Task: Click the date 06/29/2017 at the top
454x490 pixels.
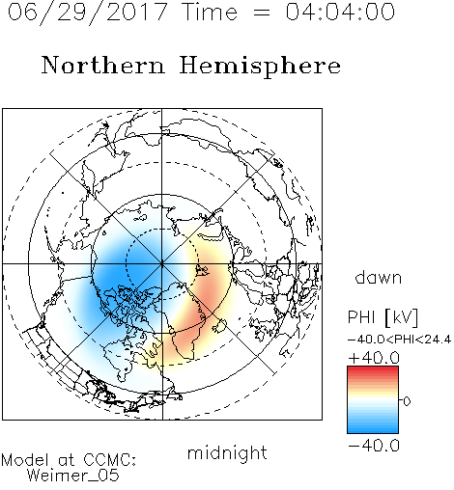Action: (88, 13)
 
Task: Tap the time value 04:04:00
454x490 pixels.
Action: (340, 12)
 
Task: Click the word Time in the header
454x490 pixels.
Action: (210, 12)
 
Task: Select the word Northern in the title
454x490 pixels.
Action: (103, 65)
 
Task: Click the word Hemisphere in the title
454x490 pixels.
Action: (260, 67)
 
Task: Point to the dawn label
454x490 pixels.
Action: (379, 277)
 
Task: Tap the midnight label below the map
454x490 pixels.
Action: (227, 452)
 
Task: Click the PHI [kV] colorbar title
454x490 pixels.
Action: (383, 317)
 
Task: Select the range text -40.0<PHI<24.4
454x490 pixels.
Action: (399, 340)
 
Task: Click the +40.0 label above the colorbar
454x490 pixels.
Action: (374, 358)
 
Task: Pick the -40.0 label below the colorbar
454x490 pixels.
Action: (374, 446)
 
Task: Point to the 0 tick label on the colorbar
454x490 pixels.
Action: (407, 401)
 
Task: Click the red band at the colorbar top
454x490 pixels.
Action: (373, 370)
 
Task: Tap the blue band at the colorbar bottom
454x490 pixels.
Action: (373, 428)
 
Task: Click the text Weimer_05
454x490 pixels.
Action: (73, 476)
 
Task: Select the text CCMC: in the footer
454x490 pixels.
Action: (110, 460)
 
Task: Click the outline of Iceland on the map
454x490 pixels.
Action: (219, 325)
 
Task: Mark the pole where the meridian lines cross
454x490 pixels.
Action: (162, 264)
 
